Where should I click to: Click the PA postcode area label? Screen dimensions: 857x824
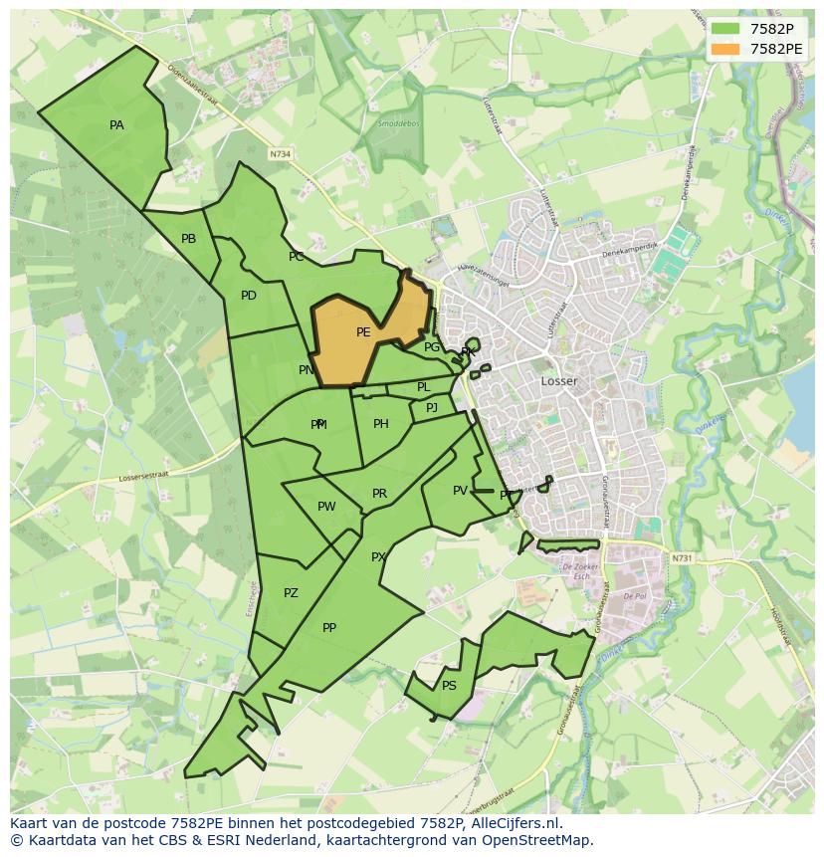pos(116,125)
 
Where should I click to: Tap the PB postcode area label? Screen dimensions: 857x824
pos(188,239)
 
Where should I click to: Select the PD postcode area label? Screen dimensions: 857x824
pos(248,296)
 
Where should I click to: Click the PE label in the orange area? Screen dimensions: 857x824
pos(363,332)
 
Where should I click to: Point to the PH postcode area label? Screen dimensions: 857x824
pos(380,424)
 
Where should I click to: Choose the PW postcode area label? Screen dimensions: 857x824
pos(326,507)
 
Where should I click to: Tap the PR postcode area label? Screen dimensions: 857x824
pos(379,494)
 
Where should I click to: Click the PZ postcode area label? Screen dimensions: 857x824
pos(291,593)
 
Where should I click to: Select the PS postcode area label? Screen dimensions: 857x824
pos(449,686)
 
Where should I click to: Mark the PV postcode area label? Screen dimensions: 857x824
pos(460,491)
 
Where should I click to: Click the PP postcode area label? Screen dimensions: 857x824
pos(329,628)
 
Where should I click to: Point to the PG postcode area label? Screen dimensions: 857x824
pos(431,347)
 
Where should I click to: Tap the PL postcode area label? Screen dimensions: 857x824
pos(423,387)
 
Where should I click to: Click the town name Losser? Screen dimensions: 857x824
pos(558,381)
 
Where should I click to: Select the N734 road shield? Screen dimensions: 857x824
pos(281,154)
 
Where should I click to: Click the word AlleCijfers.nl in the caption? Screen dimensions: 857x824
pos(518,824)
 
